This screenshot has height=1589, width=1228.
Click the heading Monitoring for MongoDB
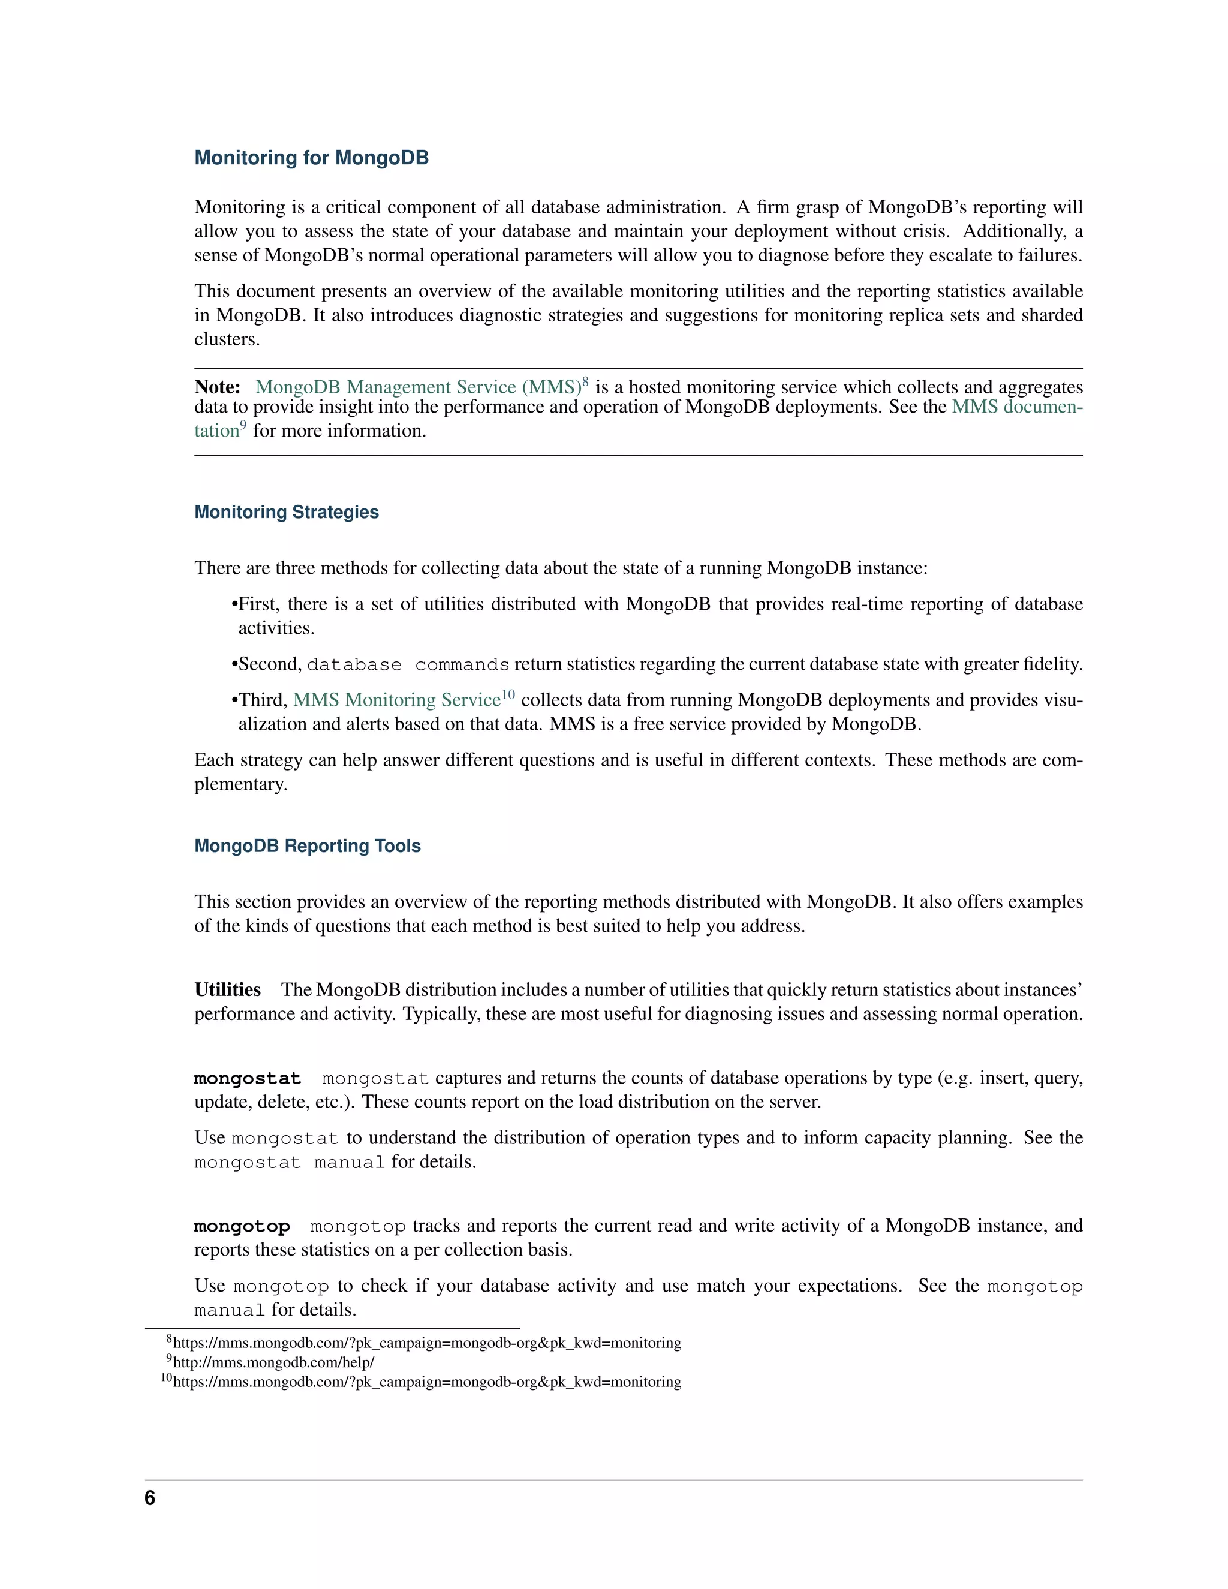click(311, 158)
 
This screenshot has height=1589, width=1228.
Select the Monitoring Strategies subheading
click(286, 512)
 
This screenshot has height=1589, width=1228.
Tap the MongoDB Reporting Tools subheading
click(307, 846)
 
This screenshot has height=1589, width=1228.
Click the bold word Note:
click(217, 387)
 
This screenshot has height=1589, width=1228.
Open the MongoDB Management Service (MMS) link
click(417, 387)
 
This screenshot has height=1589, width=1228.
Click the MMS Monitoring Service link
click(396, 700)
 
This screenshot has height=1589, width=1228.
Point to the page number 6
click(150, 1498)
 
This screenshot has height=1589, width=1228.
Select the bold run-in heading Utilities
click(227, 989)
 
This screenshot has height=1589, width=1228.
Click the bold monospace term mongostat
click(248, 1078)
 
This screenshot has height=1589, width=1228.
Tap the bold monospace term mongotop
click(242, 1226)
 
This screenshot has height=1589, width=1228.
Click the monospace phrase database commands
click(407, 665)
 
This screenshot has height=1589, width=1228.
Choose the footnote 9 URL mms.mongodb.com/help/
click(273, 1362)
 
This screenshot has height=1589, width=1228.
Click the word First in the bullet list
click(257, 604)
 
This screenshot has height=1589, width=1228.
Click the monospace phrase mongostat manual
click(289, 1163)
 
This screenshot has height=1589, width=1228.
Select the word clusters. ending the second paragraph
click(226, 339)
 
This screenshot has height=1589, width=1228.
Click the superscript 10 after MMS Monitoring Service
click(508, 694)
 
